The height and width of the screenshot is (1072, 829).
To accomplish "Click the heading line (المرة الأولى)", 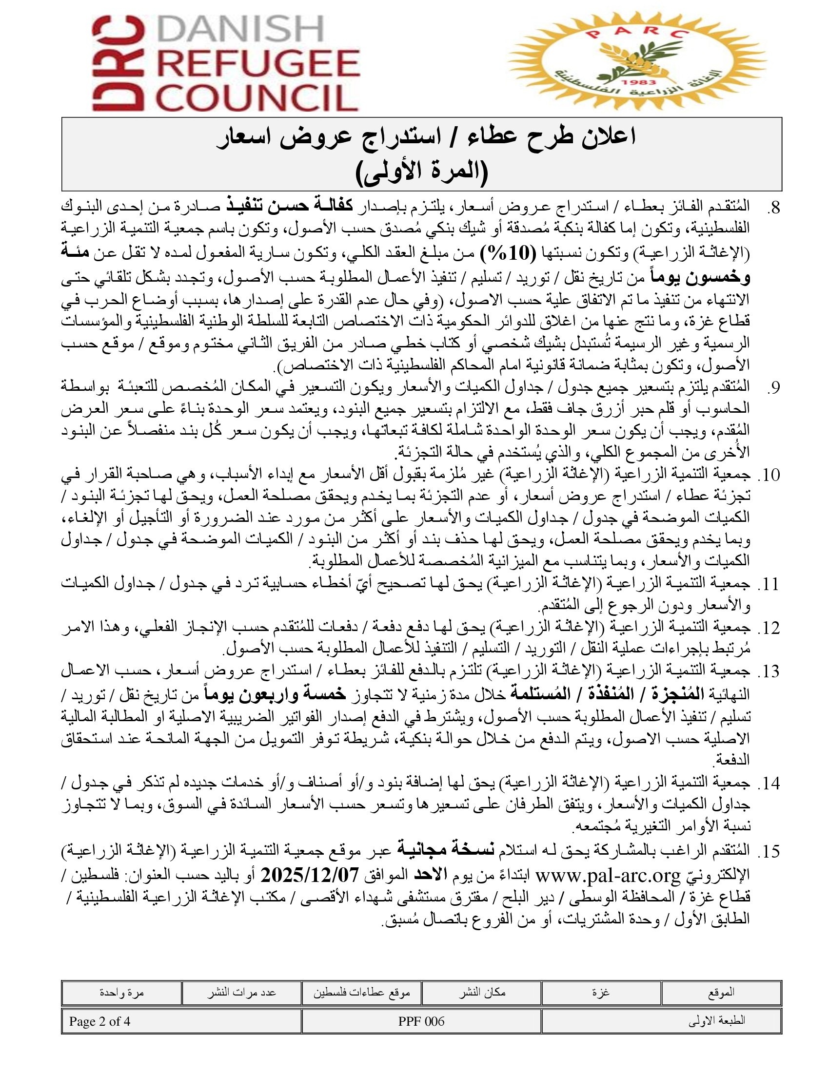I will (421, 171).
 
